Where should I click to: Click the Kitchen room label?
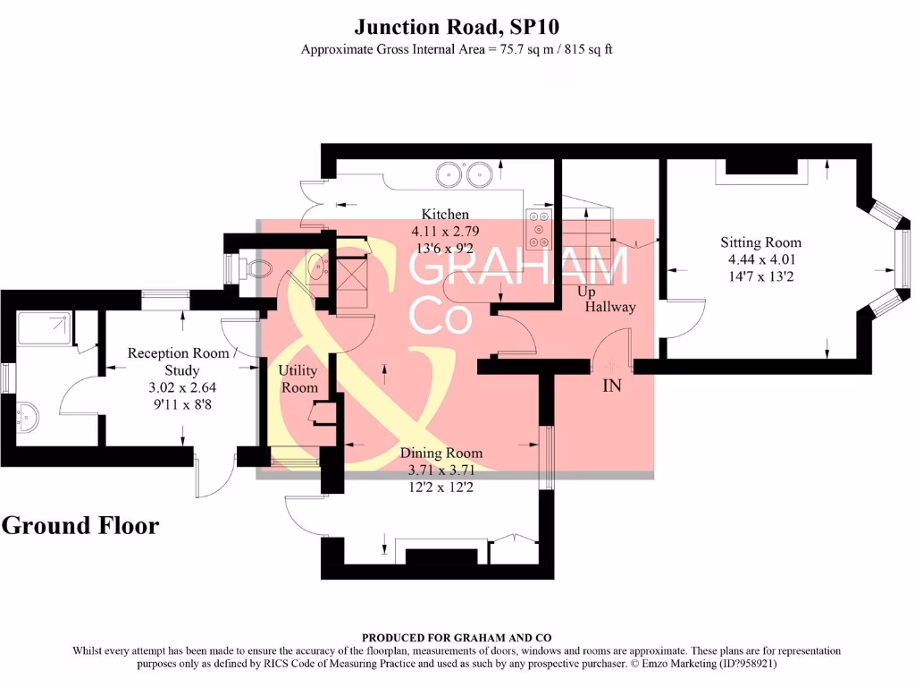click(x=445, y=215)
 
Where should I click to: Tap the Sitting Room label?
click(x=761, y=242)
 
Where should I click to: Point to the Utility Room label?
click(x=298, y=378)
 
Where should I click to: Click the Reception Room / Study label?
click(x=183, y=361)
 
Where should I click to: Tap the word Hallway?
click(x=610, y=307)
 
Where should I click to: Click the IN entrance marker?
click(x=612, y=386)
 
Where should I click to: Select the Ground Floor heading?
click(x=80, y=525)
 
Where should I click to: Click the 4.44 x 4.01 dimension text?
click(x=761, y=259)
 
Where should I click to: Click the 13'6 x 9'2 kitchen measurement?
click(x=445, y=248)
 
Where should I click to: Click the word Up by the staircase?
click(x=586, y=293)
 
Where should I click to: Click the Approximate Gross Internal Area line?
click(x=457, y=49)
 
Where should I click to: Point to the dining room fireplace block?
click(x=442, y=556)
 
